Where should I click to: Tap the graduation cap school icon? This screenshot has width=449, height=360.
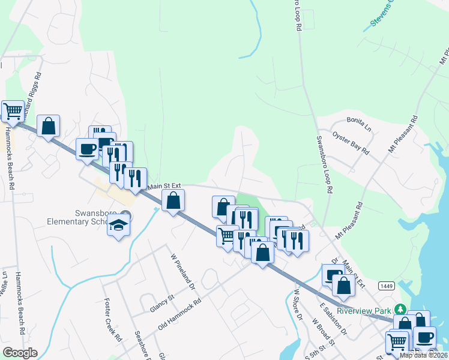118,226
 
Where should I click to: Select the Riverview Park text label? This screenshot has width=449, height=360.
364,310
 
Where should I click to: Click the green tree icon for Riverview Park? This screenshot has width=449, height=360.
399,310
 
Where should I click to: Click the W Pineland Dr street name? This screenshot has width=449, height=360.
183,271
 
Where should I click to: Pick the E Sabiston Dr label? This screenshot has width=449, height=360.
331,318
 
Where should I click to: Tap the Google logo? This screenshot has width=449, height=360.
20,353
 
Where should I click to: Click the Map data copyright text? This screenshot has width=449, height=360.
423,355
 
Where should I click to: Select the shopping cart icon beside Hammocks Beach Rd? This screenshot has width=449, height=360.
13,111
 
